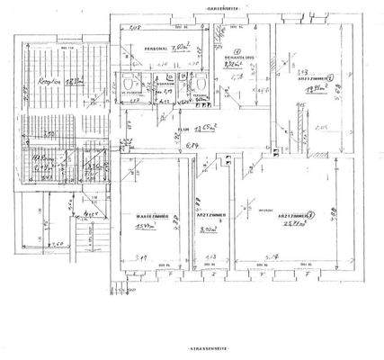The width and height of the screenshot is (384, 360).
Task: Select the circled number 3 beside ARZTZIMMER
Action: coord(311,216)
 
